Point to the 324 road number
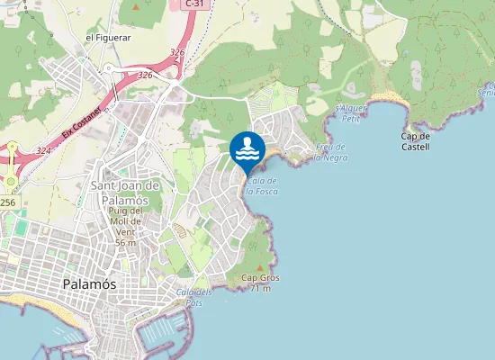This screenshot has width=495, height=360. coord(43,151)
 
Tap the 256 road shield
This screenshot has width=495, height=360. coord(7,202)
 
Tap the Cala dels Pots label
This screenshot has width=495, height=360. coord(194,298)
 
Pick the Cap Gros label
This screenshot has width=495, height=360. coord(260,278)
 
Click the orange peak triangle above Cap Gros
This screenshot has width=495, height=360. coord(260,267)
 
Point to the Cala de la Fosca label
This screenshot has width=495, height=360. coord(261,185)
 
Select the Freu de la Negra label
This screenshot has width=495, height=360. coord(331,152)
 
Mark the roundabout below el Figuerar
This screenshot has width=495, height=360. coord(112,69)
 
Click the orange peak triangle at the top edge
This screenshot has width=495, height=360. coord(135,6)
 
